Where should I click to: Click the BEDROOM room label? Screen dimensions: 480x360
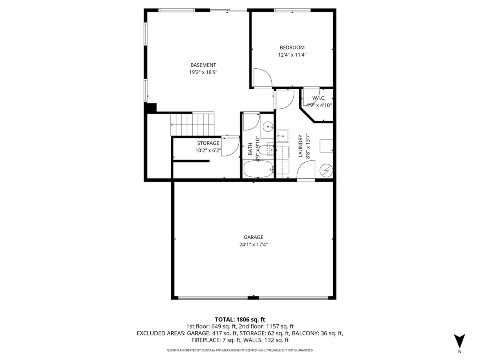point(292,48)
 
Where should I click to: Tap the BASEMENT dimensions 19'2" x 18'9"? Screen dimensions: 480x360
point(203,72)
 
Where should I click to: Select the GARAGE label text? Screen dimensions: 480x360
point(254,237)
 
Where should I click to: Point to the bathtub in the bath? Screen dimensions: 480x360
point(258,169)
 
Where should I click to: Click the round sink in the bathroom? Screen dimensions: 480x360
point(268,126)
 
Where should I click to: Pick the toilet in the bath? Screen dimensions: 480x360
point(266,150)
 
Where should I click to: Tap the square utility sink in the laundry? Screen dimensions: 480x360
point(282,137)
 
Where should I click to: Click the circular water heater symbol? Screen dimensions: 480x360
point(326,171)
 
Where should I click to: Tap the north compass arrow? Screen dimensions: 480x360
point(459,341)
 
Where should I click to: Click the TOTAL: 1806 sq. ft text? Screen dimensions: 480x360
point(240,320)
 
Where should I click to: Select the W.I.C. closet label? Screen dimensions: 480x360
point(319,98)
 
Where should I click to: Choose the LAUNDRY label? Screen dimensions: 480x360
point(300,146)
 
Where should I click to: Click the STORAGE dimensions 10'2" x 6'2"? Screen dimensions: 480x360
point(208,150)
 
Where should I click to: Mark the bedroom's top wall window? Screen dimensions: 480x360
point(292,10)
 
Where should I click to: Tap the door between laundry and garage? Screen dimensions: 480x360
point(306,171)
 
